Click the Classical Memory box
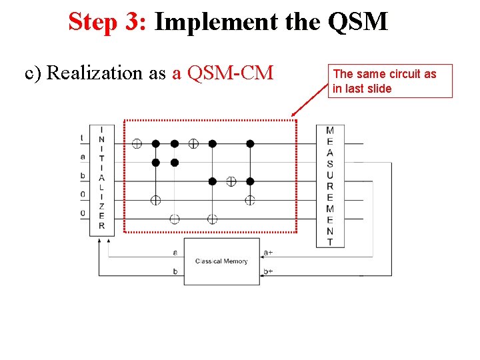221,261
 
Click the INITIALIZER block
101,179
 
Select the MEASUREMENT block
329,185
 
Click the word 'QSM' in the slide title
357,22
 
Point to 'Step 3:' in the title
107,22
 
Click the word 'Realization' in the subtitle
96,73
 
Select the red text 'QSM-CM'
231,73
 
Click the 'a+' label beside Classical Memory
268,253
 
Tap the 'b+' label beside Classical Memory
268,272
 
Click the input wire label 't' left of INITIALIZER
82,139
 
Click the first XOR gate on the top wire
136,143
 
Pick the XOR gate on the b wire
231,181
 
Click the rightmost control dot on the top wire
250,143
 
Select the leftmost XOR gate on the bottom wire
174,219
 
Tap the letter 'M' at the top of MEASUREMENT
329,130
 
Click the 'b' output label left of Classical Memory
175,272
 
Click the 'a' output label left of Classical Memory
175,253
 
